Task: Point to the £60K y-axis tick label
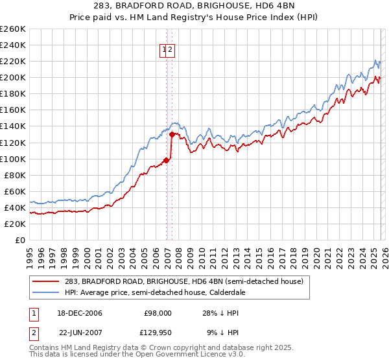[x=14, y=191]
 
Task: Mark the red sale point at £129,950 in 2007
[x=172, y=134]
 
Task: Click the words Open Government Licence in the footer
[x=176, y=355]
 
